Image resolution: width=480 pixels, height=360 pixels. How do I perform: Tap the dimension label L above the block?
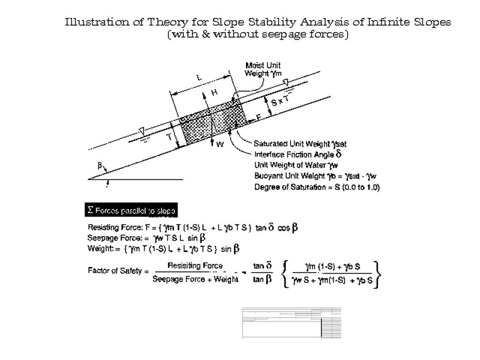click(x=200, y=77)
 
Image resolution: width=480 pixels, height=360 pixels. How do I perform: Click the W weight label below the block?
click(x=220, y=144)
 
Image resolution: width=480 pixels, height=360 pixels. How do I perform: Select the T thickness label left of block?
click(x=169, y=137)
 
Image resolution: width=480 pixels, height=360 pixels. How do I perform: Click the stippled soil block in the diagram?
click(x=210, y=126)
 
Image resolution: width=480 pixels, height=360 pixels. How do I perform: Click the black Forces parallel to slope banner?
click(x=131, y=210)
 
